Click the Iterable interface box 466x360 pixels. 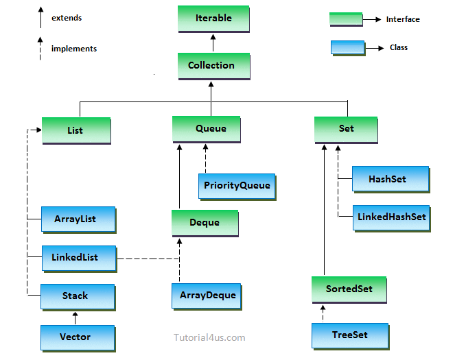pos(213,19)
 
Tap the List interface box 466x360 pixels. pos(75,130)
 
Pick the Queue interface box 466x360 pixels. pos(206,129)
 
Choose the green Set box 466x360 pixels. pos(346,129)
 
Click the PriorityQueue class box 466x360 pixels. pos(237,185)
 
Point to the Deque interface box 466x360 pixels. pos(205,223)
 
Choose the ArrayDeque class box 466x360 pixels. pos(207,296)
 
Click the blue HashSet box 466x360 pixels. pos(390,179)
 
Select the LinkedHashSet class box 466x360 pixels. pos(392,217)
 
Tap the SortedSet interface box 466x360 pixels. pos(349,289)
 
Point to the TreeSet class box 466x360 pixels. pos(350,335)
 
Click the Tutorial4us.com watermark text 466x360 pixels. pos(209,337)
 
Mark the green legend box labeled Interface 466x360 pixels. pos(346,19)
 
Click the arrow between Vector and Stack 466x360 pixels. pos(75,317)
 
